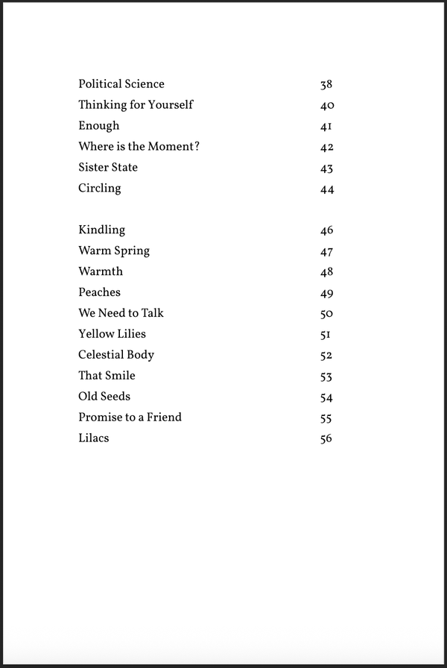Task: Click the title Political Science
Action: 121,84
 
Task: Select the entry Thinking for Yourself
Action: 136,105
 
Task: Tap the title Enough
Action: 98,126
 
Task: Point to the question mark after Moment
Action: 197,146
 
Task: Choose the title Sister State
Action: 108,167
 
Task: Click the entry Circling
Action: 99,189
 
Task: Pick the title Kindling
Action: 101,230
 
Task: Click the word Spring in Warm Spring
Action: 132,251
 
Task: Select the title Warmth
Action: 101,271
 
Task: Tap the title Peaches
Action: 99,292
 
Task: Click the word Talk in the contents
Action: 151,313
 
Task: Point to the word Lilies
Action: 129,334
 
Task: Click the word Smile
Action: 119,376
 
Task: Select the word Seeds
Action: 115,397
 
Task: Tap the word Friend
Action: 164,417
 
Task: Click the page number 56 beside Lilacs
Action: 326,439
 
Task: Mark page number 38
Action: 326,85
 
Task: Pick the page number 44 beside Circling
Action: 326,189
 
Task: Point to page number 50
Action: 326,314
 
